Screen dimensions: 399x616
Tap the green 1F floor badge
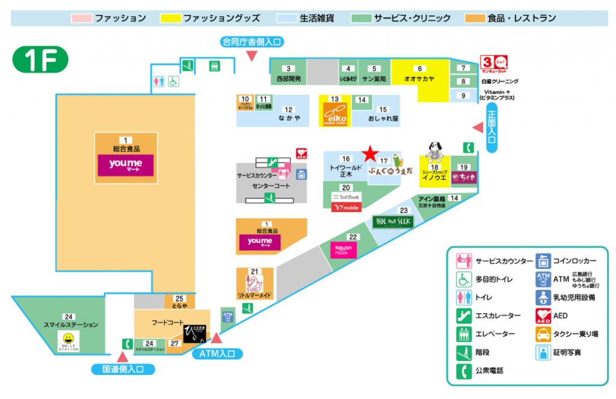coord(40,59)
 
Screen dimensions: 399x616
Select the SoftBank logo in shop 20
coord(346,197)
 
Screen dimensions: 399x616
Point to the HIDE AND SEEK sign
coord(393,222)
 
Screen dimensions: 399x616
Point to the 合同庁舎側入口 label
coord(251,41)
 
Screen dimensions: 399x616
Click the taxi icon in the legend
coord(543,334)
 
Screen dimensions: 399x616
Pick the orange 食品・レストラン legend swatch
coord(475,18)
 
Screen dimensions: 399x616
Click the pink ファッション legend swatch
coord(82,18)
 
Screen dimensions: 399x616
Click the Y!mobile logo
coord(346,208)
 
